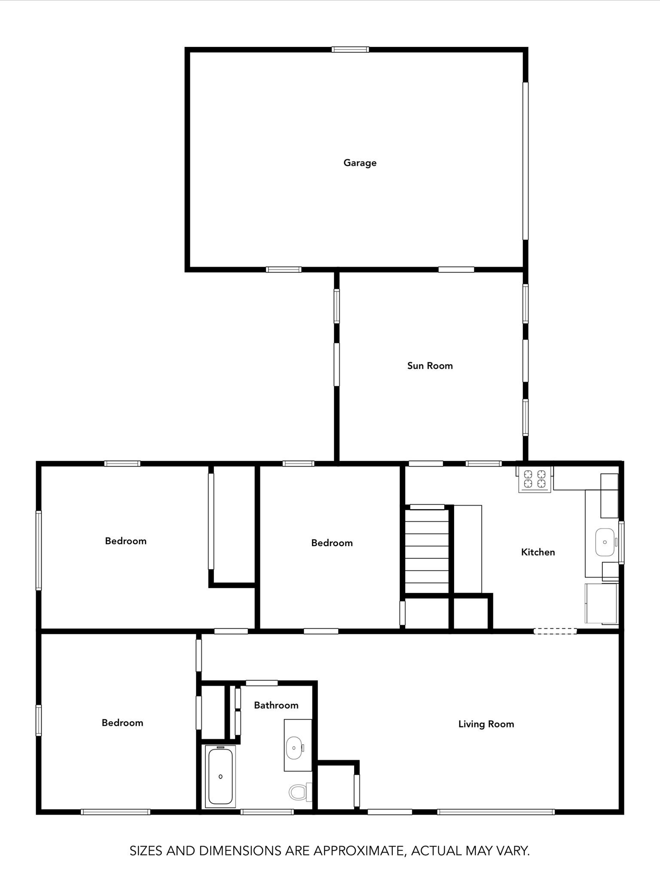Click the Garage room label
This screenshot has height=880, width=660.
click(x=360, y=163)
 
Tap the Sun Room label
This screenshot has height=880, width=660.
click(x=430, y=366)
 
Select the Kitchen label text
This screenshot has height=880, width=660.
click(x=538, y=552)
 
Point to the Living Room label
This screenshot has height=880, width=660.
click(x=486, y=724)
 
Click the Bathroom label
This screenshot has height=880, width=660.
click(x=276, y=705)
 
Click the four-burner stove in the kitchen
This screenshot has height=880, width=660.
click(x=535, y=480)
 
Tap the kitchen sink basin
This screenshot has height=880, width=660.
click(x=605, y=542)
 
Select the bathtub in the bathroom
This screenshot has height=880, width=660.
click(x=220, y=776)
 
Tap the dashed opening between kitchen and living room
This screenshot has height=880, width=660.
click(x=555, y=631)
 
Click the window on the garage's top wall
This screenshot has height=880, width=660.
click(x=350, y=49)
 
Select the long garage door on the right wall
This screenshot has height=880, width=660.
click(x=525, y=161)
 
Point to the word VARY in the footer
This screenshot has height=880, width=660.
click(x=513, y=850)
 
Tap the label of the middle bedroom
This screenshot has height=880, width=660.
click(x=332, y=543)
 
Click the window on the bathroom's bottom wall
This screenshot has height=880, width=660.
click(x=267, y=812)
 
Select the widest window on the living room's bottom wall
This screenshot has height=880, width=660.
click(x=496, y=812)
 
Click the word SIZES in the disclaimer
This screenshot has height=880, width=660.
click(x=147, y=850)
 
